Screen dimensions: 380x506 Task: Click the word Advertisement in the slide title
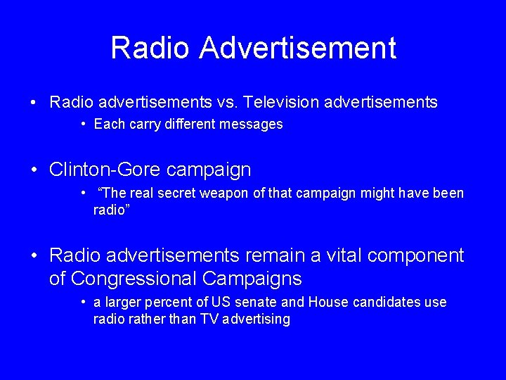pos(297,49)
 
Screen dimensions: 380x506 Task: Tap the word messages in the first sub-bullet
pos(254,125)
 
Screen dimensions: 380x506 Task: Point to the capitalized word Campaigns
pos(257,279)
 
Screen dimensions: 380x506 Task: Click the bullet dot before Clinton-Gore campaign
pos(34,170)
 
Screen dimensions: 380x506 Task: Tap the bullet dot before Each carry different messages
pos(83,125)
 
